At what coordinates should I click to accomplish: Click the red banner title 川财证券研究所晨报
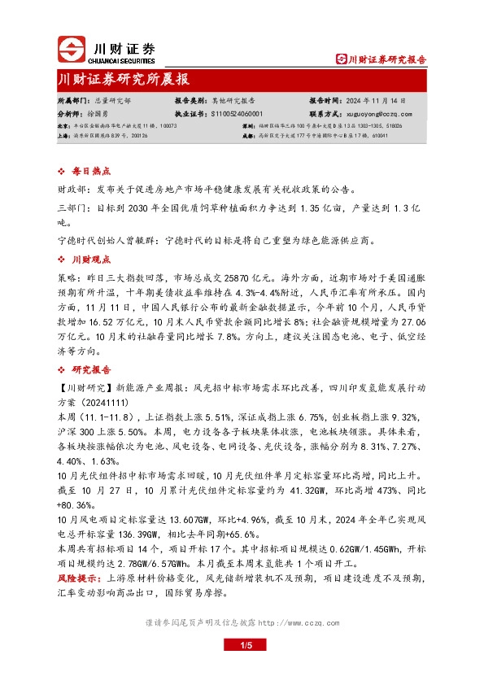[124, 80]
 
